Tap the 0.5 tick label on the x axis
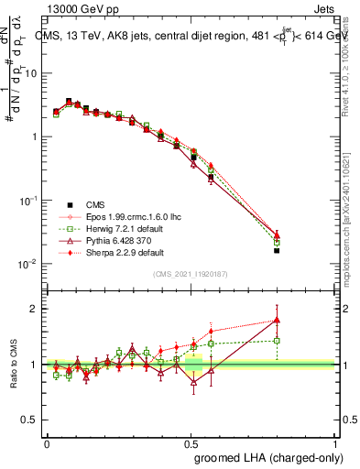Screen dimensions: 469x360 [191, 442]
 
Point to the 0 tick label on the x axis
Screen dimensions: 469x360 [48, 442]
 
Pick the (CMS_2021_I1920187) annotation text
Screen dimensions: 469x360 [191, 275]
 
